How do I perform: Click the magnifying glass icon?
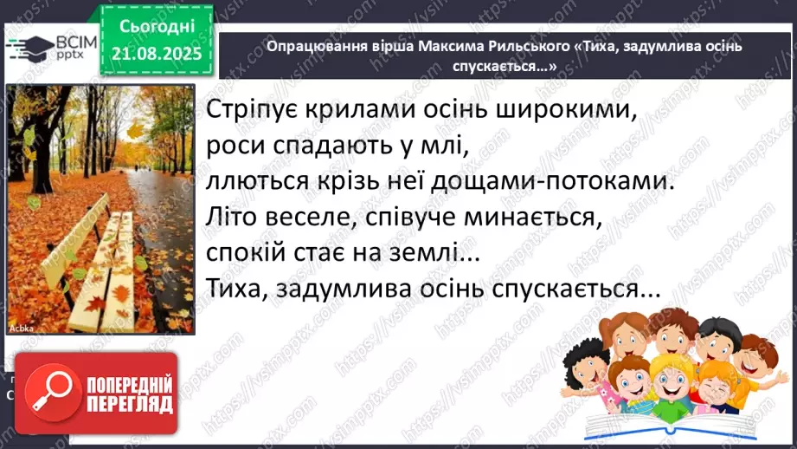pyautogui.click(x=55, y=394)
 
